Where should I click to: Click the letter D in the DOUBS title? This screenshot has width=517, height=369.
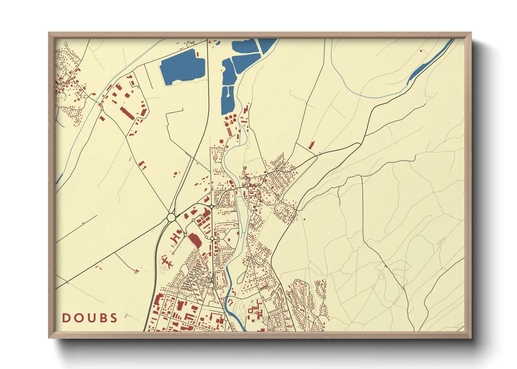tap(66, 318)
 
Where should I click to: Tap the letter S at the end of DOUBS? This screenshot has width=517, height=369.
tap(114, 318)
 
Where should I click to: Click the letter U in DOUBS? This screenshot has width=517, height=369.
tap(90, 318)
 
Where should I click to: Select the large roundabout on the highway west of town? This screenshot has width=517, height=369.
tap(171, 217)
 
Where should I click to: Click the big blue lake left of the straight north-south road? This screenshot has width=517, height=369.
tap(182, 67)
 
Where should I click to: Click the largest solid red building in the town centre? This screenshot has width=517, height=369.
tap(195, 241)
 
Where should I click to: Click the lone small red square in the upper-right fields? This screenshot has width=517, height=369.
tap(421, 51)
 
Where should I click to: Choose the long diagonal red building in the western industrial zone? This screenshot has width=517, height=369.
tap(127, 113)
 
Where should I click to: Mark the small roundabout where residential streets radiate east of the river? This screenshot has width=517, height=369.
tap(252, 257)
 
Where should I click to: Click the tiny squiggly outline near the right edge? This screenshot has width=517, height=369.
tap(441, 241)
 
